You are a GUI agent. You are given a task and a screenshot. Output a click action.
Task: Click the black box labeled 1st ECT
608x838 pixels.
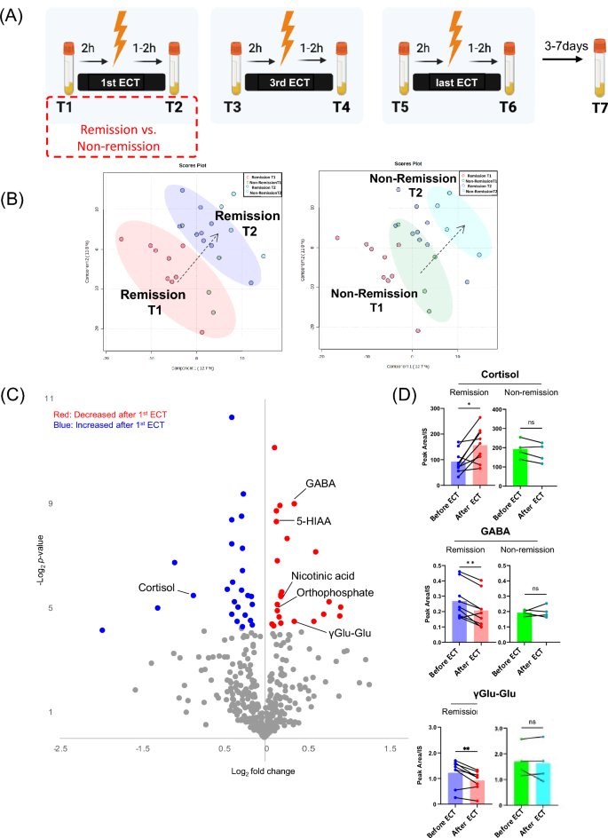pos(119,82)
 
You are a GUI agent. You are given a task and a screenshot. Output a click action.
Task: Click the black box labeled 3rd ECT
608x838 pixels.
pos(291,82)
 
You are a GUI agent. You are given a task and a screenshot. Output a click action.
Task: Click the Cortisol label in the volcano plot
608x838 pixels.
pos(160,588)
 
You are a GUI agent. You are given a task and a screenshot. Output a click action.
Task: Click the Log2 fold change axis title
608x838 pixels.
pos(265,771)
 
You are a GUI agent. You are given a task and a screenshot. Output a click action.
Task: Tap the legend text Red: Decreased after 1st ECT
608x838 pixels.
pos(122,414)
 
